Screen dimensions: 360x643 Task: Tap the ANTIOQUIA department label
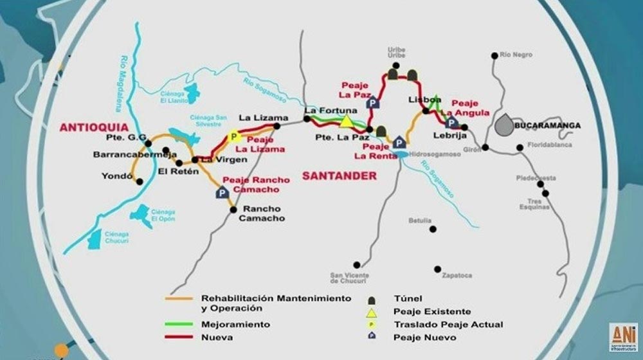pyautogui.click(x=94, y=128)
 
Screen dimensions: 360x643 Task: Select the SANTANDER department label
pyautogui.click(x=330, y=175)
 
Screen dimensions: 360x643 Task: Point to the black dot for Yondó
pyautogui.click(x=139, y=182)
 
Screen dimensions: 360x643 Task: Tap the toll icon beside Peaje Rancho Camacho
pyautogui.click(x=222, y=192)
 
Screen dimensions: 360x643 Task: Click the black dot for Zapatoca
pyautogui.click(x=437, y=269)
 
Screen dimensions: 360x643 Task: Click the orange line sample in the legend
pyautogui.click(x=181, y=298)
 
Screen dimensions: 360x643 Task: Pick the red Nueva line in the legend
pyautogui.click(x=181, y=337)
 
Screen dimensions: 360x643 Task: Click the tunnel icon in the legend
pyautogui.click(x=371, y=299)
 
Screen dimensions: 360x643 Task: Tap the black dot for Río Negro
pyautogui.click(x=494, y=55)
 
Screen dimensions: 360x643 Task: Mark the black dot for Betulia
pyautogui.click(x=433, y=229)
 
